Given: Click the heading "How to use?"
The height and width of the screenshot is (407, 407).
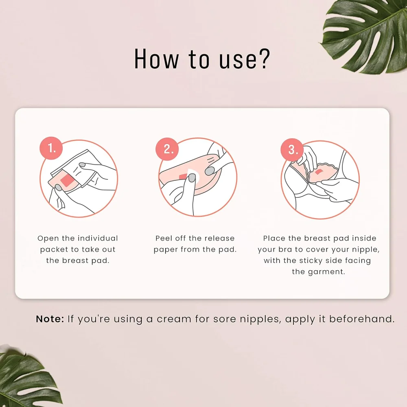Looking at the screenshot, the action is click(x=202, y=59).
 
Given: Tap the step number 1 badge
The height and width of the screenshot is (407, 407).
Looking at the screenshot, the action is click(x=51, y=148).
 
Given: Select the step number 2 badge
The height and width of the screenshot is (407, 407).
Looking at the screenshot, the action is click(x=167, y=149).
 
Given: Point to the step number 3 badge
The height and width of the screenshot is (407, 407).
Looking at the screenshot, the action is click(x=292, y=150).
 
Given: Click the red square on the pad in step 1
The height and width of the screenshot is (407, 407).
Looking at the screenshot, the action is click(x=67, y=180).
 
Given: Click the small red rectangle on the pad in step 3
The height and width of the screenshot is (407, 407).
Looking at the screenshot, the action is click(x=319, y=172).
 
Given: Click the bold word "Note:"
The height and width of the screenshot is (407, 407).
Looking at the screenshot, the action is click(x=50, y=319).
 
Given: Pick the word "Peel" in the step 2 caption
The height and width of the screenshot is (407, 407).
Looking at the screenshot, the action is click(x=163, y=238).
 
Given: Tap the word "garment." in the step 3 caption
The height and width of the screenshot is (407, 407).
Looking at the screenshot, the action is click(x=319, y=272).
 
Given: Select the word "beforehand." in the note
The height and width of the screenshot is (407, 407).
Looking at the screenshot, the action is click(x=362, y=319).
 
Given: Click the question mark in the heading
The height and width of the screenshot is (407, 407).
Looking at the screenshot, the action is click(x=265, y=59).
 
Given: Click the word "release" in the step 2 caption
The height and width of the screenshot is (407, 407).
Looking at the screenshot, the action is click(x=221, y=238).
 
